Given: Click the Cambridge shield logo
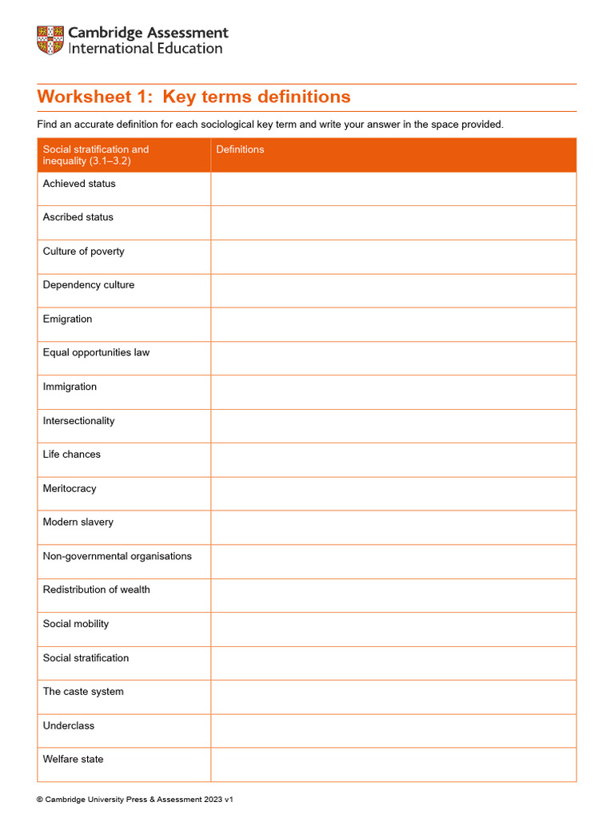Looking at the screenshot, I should (50, 41).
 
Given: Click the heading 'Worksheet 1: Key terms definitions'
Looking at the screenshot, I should (193, 97).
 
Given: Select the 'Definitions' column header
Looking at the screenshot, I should (240, 149).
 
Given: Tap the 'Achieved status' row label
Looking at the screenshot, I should (79, 184).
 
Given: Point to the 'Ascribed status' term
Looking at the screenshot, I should (78, 217).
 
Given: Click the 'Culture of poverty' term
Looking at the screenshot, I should (84, 252).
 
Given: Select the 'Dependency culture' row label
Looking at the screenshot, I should (89, 285).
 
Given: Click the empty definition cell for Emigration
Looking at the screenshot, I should (393, 324).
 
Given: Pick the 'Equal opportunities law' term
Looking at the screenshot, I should (96, 353).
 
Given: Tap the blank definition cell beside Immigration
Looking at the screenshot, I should (393, 392).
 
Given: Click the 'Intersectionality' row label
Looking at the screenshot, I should (78, 421).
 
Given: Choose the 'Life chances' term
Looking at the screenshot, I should (72, 455).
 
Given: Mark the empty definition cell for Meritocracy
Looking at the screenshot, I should (393, 494).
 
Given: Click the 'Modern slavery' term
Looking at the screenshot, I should (78, 522).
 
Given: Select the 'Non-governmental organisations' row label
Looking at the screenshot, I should (118, 557).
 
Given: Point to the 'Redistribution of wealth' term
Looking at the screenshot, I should (97, 590).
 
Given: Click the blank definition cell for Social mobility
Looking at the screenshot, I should (393, 629).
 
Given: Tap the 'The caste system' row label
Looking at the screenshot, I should (83, 692).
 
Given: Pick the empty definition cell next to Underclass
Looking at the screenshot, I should (393, 731).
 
